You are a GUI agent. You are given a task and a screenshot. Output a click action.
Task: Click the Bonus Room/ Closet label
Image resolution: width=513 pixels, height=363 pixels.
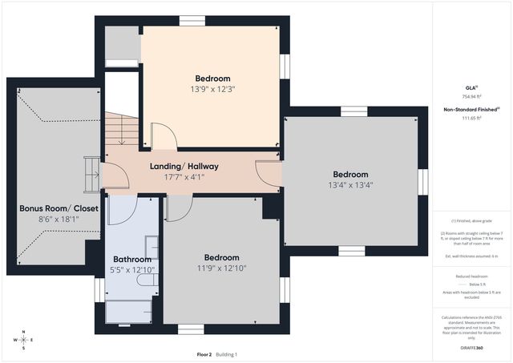pyautogui.click(x=59, y=208)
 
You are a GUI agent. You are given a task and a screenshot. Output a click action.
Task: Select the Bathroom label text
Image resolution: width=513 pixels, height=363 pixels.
pyautogui.click(x=132, y=259)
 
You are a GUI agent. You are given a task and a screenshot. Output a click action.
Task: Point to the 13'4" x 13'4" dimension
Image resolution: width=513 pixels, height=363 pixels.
pyautogui.click(x=350, y=184)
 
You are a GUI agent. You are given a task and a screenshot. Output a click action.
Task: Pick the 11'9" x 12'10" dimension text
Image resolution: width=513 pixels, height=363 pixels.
pyautogui.click(x=221, y=268)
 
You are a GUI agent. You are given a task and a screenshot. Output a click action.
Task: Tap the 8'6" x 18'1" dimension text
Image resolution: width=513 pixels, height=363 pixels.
pyautogui.click(x=59, y=218)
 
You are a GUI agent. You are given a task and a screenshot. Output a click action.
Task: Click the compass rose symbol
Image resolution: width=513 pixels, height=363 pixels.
pyautogui.click(x=24, y=340)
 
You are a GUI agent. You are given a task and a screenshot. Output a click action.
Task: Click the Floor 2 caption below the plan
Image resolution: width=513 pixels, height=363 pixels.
pyautogui.click(x=204, y=354)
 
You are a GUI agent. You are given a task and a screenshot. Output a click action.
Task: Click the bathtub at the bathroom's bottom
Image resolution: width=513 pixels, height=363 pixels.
pyautogui.click(x=128, y=312)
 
